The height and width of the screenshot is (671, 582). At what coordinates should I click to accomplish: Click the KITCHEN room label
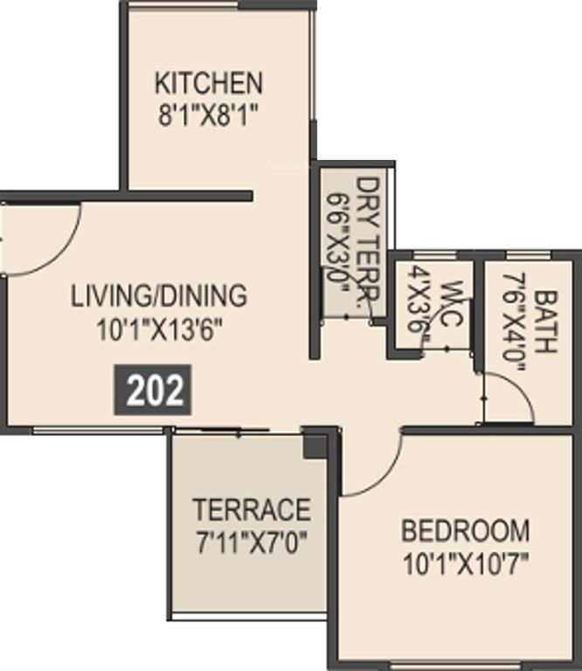coord(208,83)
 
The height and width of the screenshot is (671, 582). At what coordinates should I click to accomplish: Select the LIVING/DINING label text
coord(159,295)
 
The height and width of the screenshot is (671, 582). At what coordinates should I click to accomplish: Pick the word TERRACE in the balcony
coord(252,508)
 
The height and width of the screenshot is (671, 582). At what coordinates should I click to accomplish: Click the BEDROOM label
coord(465,529)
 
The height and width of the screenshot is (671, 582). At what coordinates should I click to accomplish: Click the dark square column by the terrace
coord(315,446)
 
